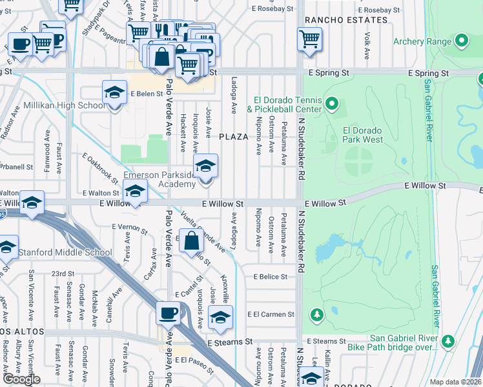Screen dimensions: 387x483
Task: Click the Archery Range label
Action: click(x=421, y=42)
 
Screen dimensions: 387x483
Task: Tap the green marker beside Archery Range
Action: click(x=461, y=42)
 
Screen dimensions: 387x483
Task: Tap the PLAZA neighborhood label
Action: click(x=233, y=137)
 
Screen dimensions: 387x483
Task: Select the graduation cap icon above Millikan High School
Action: click(x=114, y=93)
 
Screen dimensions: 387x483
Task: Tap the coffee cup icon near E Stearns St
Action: click(x=169, y=313)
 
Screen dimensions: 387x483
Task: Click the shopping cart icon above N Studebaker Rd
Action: click(x=309, y=39)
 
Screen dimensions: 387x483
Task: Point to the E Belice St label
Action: click(x=270, y=277)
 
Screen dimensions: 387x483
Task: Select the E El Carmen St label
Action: click(x=271, y=315)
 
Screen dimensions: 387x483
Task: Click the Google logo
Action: click(x=21, y=379)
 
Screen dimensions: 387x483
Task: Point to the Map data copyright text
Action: click(x=455, y=381)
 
